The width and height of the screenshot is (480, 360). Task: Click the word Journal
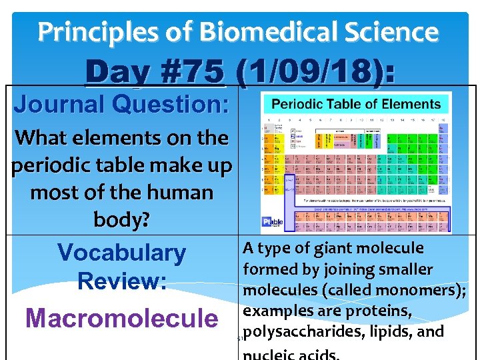(x=59, y=105)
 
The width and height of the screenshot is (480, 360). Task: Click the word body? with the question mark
(x=121, y=221)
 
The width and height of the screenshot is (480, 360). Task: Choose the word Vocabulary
(x=121, y=253)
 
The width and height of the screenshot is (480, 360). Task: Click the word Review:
(x=121, y=281)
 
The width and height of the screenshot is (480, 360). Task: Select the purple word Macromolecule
(x=121, y=318)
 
